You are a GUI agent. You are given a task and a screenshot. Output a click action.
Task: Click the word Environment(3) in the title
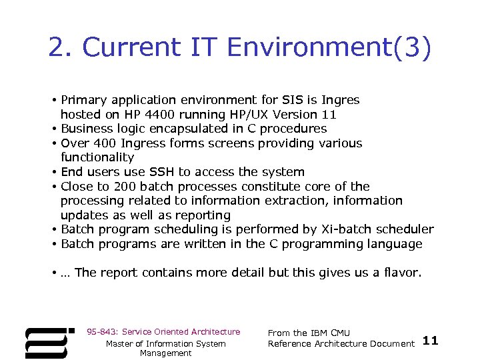(x=329, y=47)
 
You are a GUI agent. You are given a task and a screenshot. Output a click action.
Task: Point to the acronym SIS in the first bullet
(x=291, y=100)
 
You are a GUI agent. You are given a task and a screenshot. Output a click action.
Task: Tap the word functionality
(x=97, y=157)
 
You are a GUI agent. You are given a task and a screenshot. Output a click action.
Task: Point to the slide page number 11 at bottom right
(x=431, y=341)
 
